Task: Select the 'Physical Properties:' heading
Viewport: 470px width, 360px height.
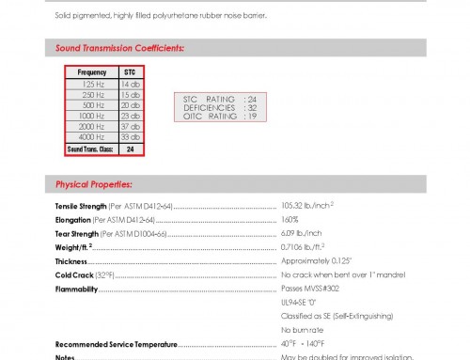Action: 92,184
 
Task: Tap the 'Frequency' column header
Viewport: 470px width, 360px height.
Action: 91,71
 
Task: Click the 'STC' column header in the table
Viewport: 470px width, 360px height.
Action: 130,71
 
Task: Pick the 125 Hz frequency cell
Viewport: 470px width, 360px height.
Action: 91,85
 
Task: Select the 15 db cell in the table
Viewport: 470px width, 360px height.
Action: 130,96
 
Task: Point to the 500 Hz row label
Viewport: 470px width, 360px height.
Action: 91,106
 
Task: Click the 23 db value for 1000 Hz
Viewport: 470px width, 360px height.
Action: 130,117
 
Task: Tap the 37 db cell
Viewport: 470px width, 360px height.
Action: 130,127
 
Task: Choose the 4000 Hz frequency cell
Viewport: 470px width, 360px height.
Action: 91,138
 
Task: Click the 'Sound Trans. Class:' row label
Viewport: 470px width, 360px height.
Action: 91,149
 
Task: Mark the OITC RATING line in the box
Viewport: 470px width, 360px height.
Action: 217,116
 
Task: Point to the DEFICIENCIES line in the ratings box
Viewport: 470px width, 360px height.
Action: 217,107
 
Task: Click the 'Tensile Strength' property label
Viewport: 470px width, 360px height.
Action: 81,206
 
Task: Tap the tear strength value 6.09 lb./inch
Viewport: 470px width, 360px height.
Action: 302,233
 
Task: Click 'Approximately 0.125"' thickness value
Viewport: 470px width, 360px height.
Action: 318,260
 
